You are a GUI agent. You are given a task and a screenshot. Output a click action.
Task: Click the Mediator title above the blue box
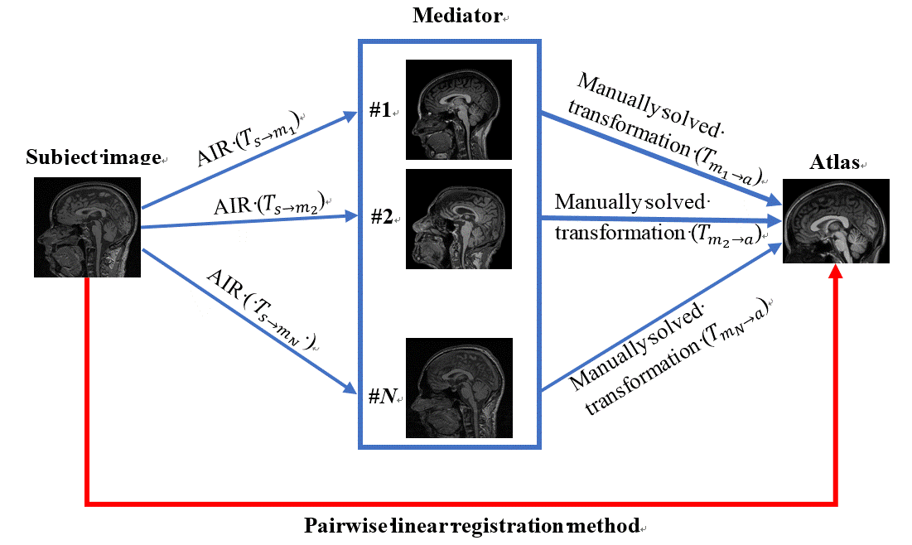(x=457, y=15)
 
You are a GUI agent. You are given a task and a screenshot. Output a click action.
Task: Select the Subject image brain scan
(x=87, y=227)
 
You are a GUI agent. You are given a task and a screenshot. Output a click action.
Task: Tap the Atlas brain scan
(x=836, y=221)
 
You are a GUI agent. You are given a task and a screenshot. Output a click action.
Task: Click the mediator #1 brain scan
(x=459, y=109)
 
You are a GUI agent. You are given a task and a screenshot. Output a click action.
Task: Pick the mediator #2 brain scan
(x=459, y=219)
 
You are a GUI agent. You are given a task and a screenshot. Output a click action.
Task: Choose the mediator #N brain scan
(x=459, y=388)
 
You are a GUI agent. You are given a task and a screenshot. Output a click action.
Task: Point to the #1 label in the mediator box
(x=380, y=110)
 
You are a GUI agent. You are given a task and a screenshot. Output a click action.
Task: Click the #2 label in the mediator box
(x=382, y=217)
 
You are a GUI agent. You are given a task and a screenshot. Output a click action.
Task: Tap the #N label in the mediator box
(x=383, y=396)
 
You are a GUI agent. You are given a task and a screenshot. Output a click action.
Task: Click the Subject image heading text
(x=94, y=157)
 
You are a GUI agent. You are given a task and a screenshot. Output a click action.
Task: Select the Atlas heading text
(x=834, y=162)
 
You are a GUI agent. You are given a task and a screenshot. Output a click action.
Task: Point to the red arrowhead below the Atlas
(x=836, y=271)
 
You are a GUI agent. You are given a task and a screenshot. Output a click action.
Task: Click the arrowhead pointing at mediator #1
(x=349, y=116)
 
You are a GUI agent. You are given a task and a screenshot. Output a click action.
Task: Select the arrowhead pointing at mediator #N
(x=350, y=388)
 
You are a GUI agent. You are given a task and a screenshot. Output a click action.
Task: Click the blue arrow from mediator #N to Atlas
(x=661, y=317)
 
